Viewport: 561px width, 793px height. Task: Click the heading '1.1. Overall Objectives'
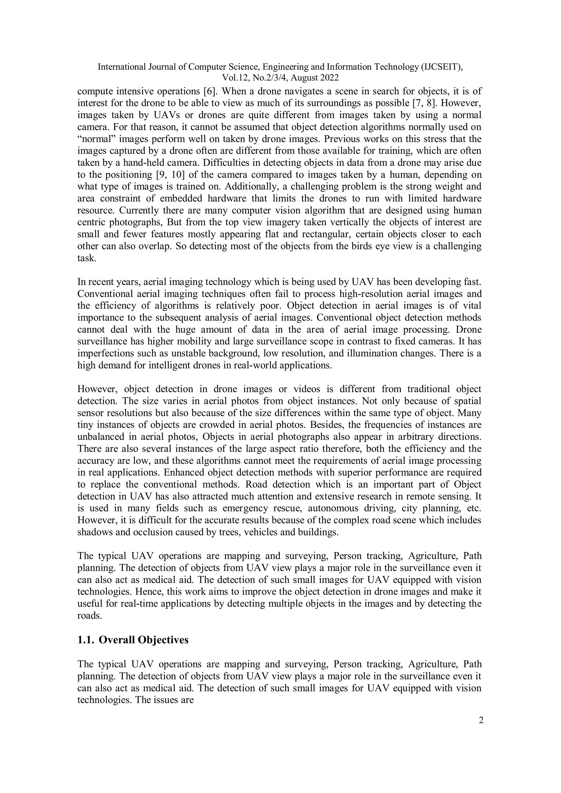tap(133, 640)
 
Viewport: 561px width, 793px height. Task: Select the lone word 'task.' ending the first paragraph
tap(86, 258)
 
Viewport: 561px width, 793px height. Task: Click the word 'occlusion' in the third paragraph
tap(161, 532)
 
